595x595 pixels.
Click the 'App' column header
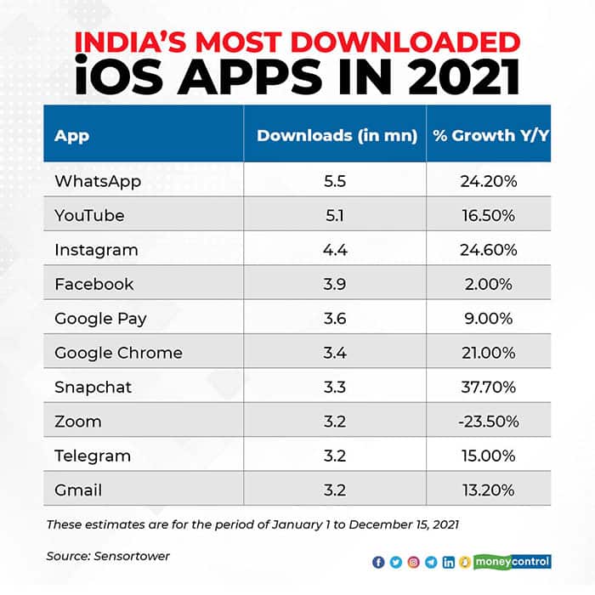pos(71,135)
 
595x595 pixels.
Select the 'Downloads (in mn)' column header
pos(337,135)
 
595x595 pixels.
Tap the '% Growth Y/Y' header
pos(490,135)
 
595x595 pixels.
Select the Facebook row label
pos(93,284)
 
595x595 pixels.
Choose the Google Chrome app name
pos(118,353)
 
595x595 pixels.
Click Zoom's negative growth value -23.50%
pos(489,422)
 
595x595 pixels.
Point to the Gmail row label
pos(78,490)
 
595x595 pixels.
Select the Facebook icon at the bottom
pos(377,562)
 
